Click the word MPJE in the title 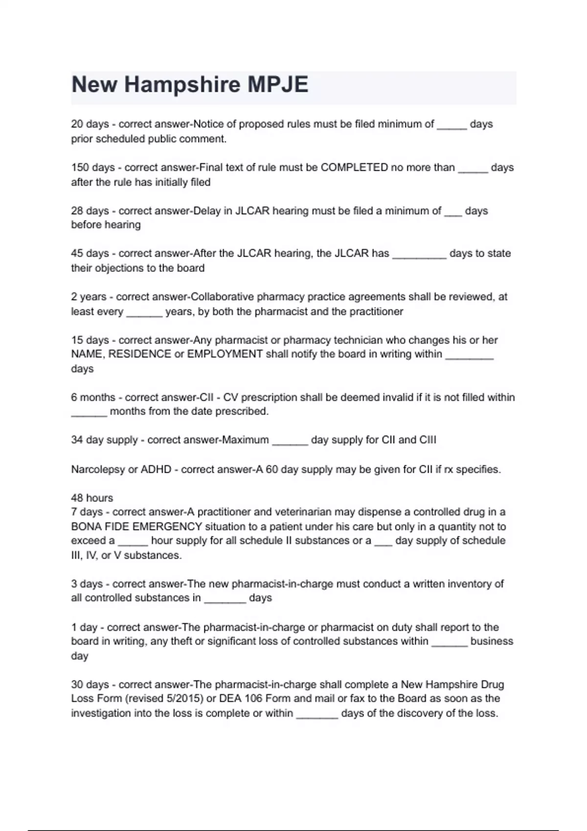coord(277,85)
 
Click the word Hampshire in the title coord(182,85)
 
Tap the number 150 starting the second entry coord(80,167)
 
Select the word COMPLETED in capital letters coord(354,167)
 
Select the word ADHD coord(156,469)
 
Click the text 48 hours coord(92,498)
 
